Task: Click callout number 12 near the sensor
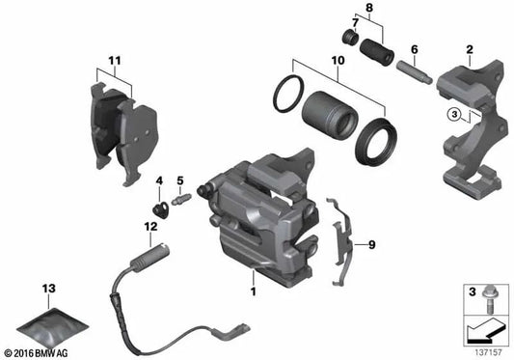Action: (x=149, y=226)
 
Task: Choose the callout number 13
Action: (x=47, y=289)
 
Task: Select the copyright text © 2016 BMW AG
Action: (x=38, y=352)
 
